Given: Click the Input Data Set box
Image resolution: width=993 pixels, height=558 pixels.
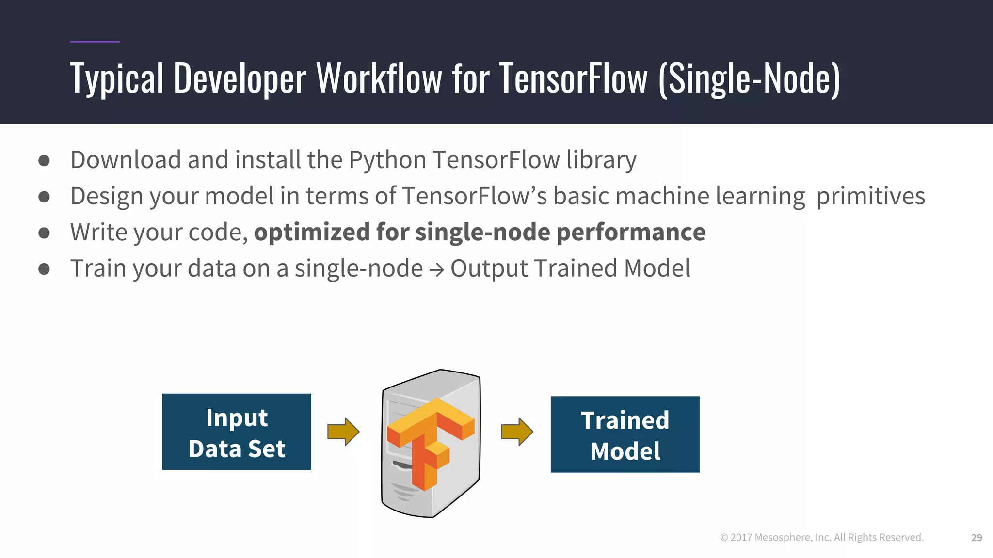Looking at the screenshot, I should [x=237, y=432].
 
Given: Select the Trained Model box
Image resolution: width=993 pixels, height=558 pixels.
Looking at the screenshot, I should [x=625, y=434].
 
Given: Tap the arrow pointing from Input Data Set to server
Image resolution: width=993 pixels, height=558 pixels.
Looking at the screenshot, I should [x=343, y=431].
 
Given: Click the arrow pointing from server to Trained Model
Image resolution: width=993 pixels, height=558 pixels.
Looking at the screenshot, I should [x=517, y=431].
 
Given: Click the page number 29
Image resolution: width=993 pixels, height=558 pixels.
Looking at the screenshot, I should [x=977, y=538].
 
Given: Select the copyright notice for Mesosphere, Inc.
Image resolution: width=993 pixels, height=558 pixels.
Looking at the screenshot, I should [x=822, y=538].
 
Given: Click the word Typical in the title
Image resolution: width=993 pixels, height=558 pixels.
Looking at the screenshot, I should [x=117, y=78].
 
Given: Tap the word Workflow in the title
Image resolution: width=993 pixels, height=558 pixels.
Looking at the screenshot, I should [x=379, y=78].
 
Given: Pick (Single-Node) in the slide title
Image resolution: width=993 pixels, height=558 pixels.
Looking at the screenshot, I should [x=749, y=78].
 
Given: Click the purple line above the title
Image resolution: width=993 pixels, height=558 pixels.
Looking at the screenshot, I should [x=95, y=42].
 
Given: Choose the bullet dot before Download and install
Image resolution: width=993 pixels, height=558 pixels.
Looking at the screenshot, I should [x=44, y=160].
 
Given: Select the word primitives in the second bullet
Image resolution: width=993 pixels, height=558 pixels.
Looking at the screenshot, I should [x=871, y=196].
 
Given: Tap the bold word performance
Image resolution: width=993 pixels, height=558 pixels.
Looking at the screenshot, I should [x=631, y=232].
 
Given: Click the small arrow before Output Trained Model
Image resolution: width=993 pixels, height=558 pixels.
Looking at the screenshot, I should [x=436, y=270].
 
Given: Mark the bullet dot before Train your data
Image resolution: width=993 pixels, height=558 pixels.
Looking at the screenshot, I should [x=44, y=269].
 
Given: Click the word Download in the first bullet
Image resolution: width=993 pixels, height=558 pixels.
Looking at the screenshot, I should [x=126, y=160].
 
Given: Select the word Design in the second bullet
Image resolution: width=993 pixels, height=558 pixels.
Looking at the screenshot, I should [x=107, y=196].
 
